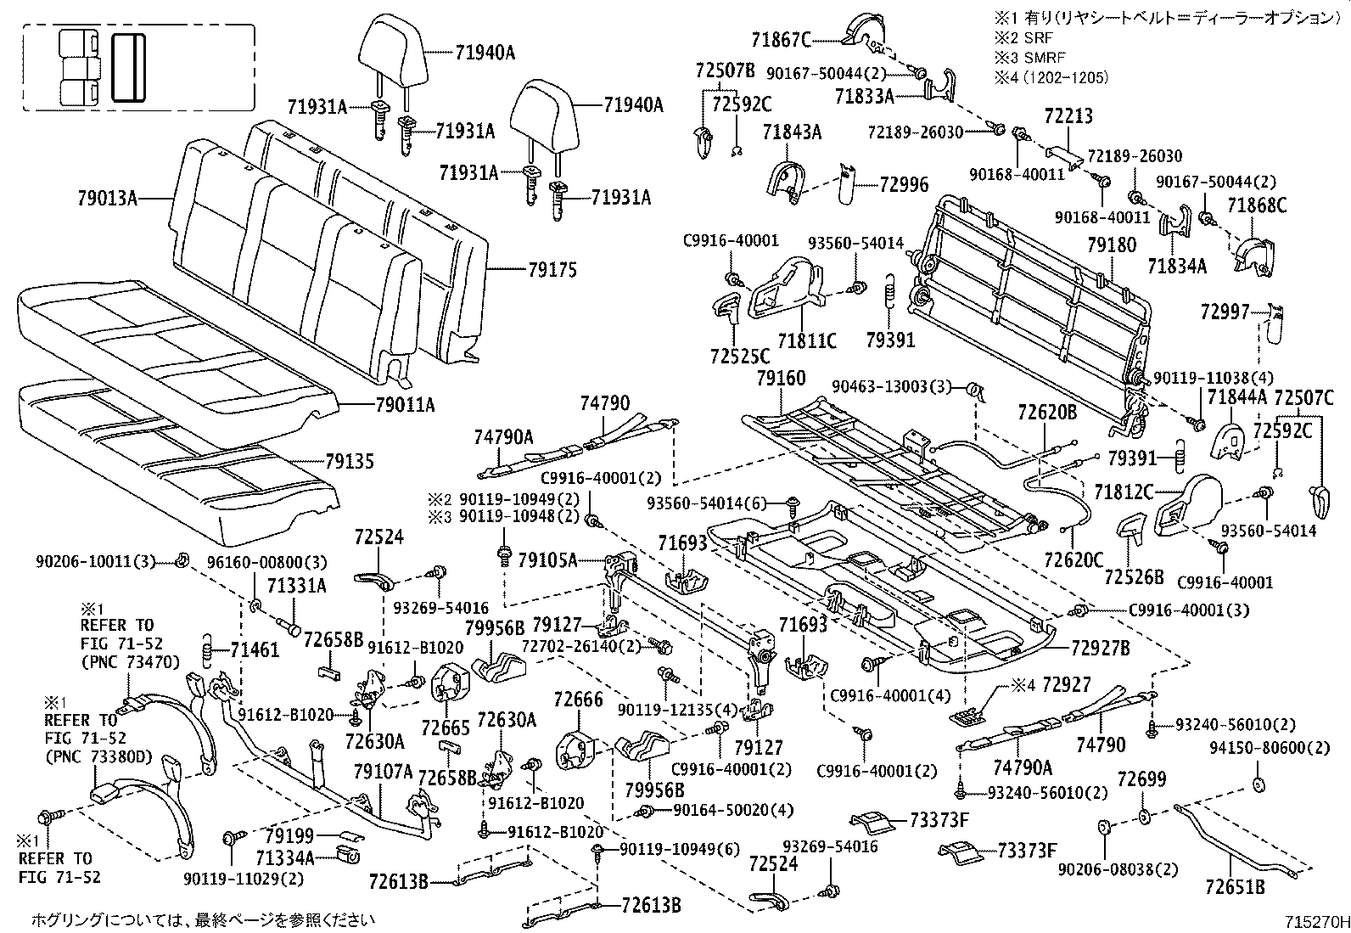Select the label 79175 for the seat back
552,270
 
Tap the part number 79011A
405,406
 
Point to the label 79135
349,463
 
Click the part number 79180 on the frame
1112,245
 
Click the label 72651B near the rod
1235,888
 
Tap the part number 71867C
781,39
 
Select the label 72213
1068,116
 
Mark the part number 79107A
384,772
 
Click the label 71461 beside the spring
255,650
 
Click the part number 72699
1141,778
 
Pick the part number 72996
904,184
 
